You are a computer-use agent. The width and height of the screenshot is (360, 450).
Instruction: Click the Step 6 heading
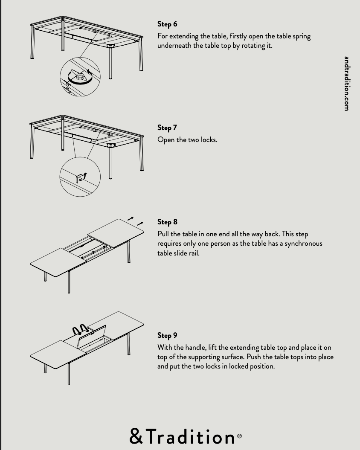tap(167, 24)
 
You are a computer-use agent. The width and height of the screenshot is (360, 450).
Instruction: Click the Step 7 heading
tap(167, 128)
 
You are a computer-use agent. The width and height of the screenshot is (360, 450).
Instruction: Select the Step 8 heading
tap(167, 222)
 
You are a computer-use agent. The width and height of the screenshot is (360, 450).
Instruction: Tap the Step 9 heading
tap(167, 335)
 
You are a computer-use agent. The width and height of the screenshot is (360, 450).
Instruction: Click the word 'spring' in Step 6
tap(302, 37)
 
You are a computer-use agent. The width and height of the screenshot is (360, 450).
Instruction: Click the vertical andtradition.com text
tap(346, 84)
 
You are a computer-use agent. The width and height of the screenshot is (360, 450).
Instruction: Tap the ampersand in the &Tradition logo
tap(136, 436)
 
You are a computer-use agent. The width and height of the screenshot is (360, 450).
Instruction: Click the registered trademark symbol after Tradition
tap(239, 436)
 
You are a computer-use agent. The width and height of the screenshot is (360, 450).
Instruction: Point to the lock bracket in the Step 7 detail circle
tap(78, 178)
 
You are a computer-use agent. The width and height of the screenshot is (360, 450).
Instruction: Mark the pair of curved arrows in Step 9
tap(80, 329)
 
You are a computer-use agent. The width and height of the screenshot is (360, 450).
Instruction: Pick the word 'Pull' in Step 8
tap(163, 234)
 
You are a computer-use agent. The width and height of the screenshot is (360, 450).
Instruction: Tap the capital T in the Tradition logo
tap(151, 436)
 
